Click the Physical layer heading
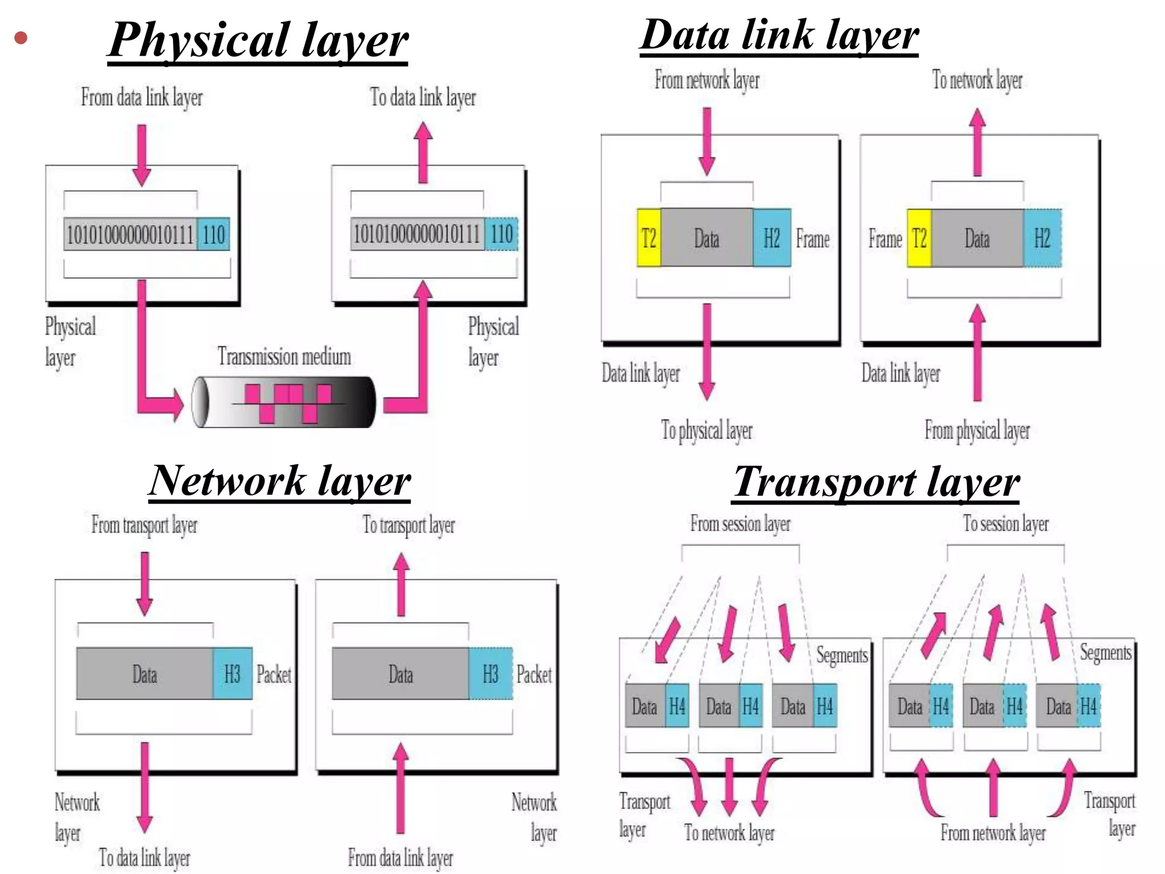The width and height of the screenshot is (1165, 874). click(x=258, y=41)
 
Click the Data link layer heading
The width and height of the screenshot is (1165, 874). click(x=779, y=35)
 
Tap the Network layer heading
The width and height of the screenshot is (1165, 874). click(x=279, y=481)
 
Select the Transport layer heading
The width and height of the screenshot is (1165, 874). click(x=876, y=483)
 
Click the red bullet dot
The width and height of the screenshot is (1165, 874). click(x=21, y=38)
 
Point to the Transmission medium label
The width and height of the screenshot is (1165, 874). click(x=284, y=357)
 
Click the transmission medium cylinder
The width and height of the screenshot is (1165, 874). click(x=283, y=402)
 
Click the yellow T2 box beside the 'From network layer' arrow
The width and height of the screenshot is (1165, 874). click(x=649, y=238)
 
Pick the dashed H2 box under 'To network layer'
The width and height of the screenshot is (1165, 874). click(x=1042, y=238)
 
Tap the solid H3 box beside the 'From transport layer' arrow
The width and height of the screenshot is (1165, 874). click(x=232, y=674)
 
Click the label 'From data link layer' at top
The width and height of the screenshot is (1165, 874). click(x=142, y=97)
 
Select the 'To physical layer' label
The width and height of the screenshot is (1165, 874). click(x=707, y=431)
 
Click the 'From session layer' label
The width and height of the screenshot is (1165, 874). click(x=740, y=523)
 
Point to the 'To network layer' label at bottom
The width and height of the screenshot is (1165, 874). click(x=729, y=833)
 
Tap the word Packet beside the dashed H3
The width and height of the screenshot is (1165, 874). click(x=534, y=675)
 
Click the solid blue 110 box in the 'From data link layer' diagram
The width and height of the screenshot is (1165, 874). click(x=214, y=234)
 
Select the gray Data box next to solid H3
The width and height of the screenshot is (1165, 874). click(x=144, y=674)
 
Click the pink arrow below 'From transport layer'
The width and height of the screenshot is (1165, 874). click(x=145, y=583)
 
